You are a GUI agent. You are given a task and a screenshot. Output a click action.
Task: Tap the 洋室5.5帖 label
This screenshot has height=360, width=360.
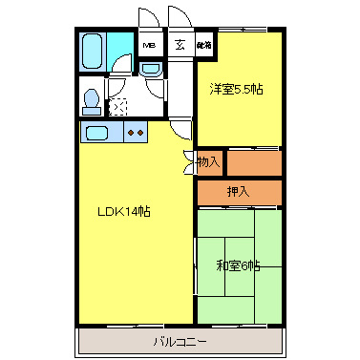coord(237,89)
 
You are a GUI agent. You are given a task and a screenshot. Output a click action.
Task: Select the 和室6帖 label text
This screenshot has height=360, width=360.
coord(239,266)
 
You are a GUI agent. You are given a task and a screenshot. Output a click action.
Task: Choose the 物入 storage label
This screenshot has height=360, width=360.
coord(208,162)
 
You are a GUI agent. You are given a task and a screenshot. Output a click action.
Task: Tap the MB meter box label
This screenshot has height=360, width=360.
coord(150,45)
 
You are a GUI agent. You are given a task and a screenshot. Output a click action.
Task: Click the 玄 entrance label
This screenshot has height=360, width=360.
coord(180,44)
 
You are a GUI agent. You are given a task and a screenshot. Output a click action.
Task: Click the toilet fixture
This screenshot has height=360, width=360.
coord(91,98)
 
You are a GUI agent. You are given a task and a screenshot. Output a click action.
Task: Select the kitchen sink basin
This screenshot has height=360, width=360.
coord(98,132)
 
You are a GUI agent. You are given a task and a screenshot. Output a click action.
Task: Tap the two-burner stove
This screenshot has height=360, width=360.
coord(135,132)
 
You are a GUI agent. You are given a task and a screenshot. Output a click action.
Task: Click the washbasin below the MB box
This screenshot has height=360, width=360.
coord(150,70)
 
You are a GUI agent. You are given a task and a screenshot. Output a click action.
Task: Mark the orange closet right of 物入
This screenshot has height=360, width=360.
coord(254,162)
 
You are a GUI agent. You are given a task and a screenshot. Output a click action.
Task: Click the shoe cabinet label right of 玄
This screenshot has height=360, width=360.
coord(204,45)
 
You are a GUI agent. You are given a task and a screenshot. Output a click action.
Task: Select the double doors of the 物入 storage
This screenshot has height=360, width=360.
coord(191,161)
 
